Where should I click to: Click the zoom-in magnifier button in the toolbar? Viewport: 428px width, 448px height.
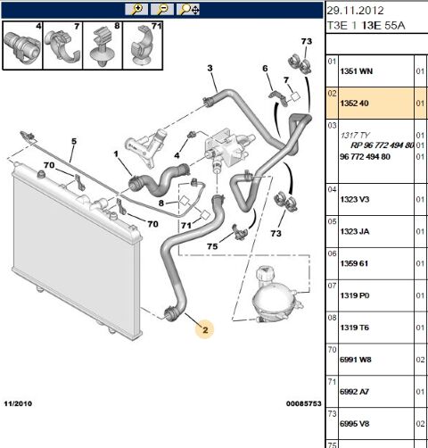point(136,9)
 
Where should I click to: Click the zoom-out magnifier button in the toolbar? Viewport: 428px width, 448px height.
point(162,9)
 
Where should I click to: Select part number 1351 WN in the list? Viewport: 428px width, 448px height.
point(356,71)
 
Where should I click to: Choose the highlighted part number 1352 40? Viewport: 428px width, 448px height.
point(354,104)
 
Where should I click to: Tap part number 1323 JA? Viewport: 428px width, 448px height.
point(355,231)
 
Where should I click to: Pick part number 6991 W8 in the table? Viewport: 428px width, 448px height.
point(356,360)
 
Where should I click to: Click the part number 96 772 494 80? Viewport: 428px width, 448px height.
point(365,157)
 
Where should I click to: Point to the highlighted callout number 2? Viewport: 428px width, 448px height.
point(205,329)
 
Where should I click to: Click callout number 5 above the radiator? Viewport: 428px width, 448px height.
point(74,141)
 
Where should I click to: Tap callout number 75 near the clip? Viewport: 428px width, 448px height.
point(212,246)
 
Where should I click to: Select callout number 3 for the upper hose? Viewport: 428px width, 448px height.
point(210,68)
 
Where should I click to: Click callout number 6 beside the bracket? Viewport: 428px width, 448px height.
point(265,69)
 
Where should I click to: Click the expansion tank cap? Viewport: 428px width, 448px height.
point(266,274)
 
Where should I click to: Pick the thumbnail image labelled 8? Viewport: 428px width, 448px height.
point(103,46)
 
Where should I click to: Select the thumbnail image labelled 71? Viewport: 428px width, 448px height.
point(143,46)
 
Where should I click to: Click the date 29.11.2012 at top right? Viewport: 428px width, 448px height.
point(356,11)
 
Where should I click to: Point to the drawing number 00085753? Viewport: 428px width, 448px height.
point(304,403)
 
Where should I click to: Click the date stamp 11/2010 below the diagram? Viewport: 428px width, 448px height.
point(18,403)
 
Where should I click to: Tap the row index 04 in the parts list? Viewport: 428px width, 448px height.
point(332,189)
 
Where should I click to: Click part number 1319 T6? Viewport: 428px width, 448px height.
point(354,328)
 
